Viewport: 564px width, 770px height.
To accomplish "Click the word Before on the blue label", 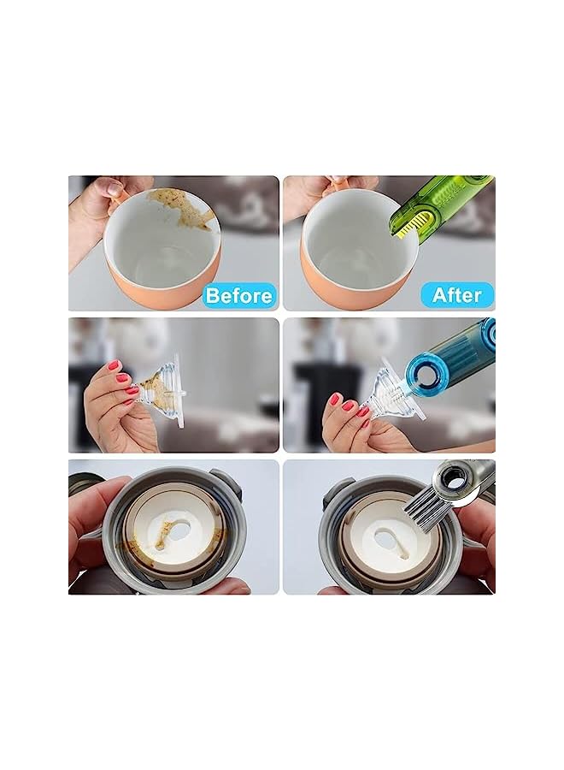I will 239,296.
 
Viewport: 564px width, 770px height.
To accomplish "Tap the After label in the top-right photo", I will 457,295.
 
